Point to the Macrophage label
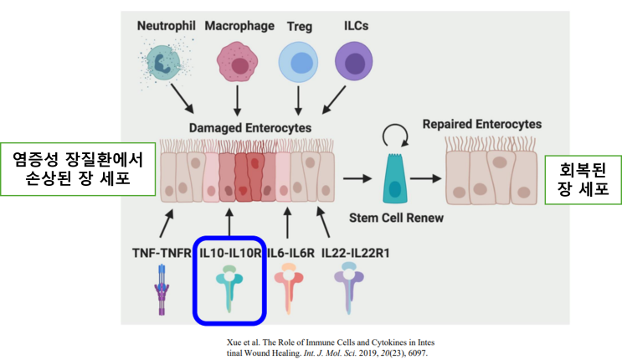239,26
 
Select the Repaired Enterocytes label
481,124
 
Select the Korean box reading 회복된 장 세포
583,178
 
